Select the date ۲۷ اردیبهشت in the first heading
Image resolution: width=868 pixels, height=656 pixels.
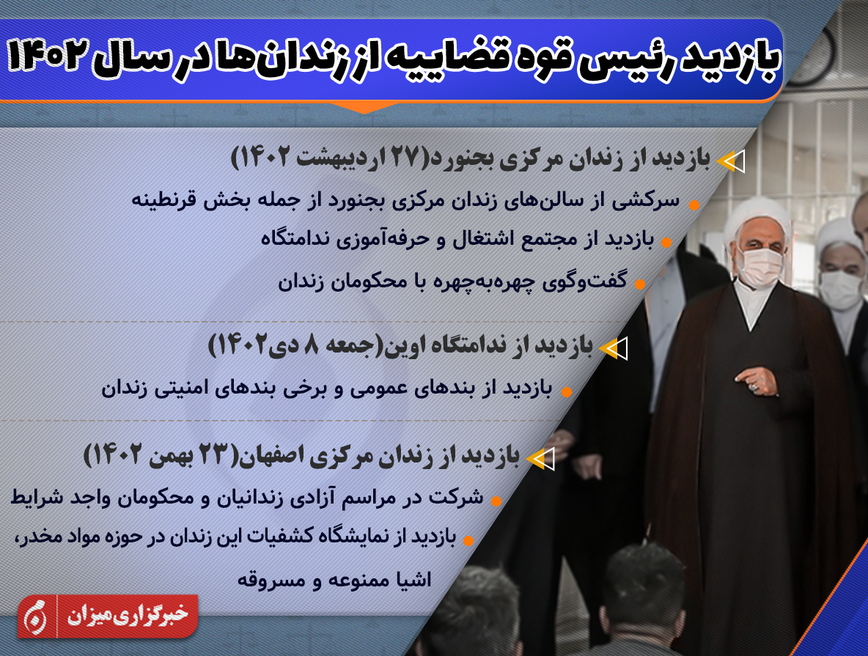pyautogui.click(x=360, y=158)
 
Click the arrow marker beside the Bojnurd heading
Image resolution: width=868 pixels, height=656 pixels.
pyautogui.click(x=731, y=161)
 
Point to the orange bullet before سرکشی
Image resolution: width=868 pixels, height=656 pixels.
pyautogui.click(x=694, y=205)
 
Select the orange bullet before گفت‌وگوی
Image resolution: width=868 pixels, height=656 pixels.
pyautogui.click(x=640, y=284)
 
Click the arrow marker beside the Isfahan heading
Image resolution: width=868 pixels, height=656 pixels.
pyautogui.click(x=540, y=459)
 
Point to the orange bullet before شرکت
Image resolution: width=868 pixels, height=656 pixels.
pyautogui.click(x=496, y=501)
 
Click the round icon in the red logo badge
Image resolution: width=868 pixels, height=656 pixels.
pyautogui.click(x=35, y=616)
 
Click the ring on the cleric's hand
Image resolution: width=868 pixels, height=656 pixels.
pyautogui.click(x=754, y=387)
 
